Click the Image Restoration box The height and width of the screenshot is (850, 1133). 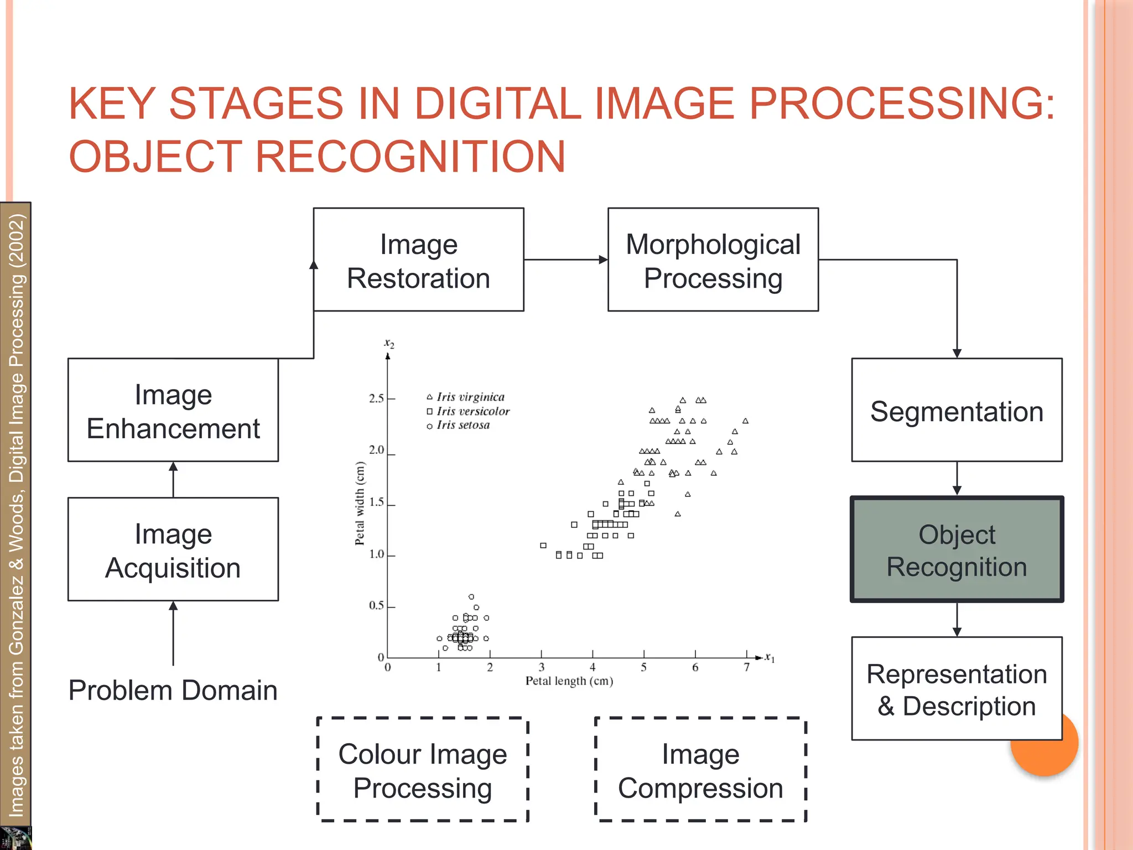pyautogui.click(x=418, y=260)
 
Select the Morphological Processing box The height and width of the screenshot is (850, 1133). pyautogui.click(x=713, y=260)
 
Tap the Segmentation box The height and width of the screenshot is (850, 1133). pyautogui.click(x=957, y=410)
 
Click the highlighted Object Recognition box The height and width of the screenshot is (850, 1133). pyautogui.click(x=957, y=550)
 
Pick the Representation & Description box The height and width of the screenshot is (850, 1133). pyautogui.click(x=957, y=689)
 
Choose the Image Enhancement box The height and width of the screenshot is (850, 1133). pyautogui.click(x=173, y=410)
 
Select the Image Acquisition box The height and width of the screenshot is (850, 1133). pyautogui.click(x=173, y=550)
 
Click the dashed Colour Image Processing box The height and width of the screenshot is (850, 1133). pyautogui.click(x=423, y=770)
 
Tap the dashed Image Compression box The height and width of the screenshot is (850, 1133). pyautogui.click(x=700, y=770)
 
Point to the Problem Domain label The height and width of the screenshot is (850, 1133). pyautogui.click(x=173, y=690)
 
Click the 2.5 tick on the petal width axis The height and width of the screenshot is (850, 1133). pyautogui.click(x=377, y=398)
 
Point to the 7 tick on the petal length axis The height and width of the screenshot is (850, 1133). pyautogui.click(x=746, y=667)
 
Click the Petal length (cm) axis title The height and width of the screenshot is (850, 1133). pyautogui.click(x=569, y=681)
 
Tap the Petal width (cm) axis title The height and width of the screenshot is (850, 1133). pyautogui.click(x=360, y=504)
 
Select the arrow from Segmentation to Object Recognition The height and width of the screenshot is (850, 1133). pyautogui.click(x=957, y=479)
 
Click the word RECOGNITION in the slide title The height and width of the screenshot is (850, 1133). pyautogui.click(x=410, y=157)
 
